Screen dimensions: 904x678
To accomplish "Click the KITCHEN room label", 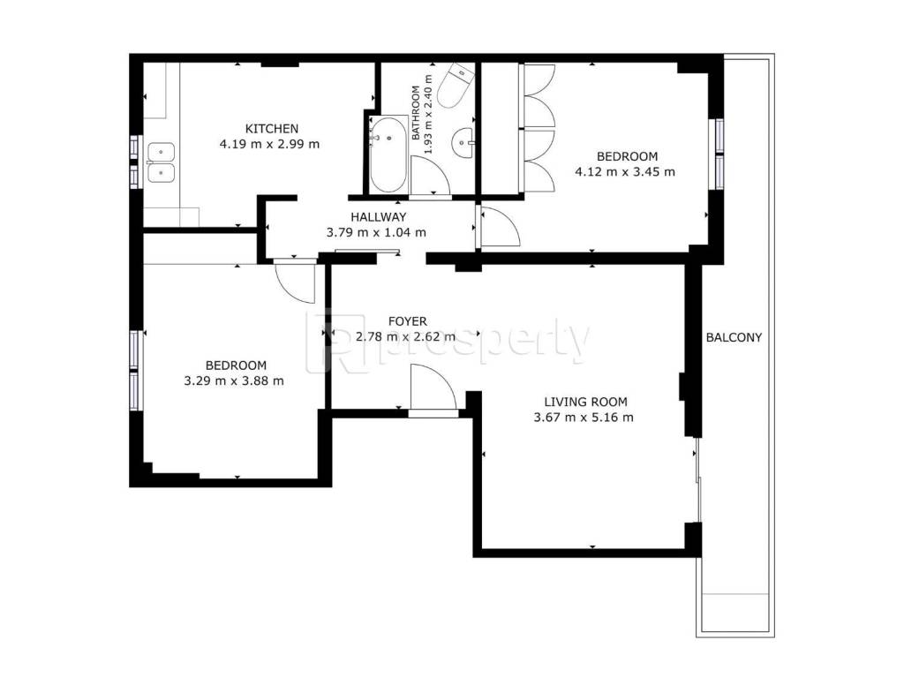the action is coord(272,129).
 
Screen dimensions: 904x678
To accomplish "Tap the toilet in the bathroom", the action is coord(456,86).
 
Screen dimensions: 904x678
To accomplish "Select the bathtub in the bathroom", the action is coord(388,154).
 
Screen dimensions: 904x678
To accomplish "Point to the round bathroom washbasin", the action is coord(463,142).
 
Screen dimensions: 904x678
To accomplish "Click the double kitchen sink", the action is coord(161,162).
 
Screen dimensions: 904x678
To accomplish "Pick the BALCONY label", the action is coord(734,337).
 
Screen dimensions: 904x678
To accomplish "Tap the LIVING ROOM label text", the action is coord(586,402).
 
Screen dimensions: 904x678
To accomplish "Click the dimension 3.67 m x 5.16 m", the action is coord(584,418).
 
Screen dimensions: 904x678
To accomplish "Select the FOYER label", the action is coord(408,321).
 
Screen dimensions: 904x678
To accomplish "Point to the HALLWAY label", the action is coord(378,217).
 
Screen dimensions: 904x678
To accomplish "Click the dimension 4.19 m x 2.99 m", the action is coord(269,144).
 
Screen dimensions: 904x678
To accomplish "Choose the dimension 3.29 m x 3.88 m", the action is coord(234,381).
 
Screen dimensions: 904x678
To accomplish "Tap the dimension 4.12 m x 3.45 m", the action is coord(625,172).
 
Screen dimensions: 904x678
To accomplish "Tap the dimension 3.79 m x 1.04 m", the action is coord(376,233).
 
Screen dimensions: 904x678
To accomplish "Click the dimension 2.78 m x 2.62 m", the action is coord(405,336).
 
